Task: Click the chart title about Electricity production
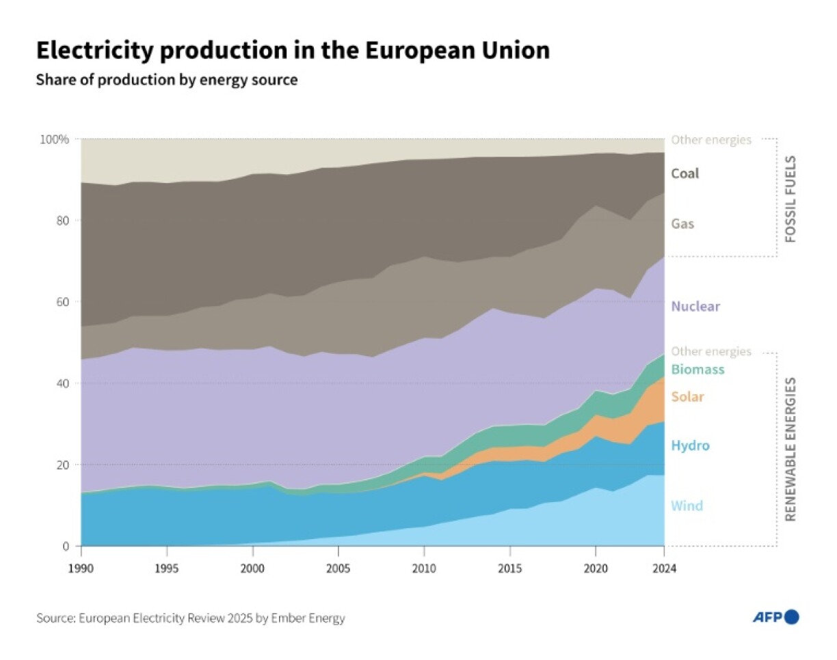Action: tap(293, 51)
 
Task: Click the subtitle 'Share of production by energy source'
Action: tap(167, 80)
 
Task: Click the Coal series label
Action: tap(685, 174)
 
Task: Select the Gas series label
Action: tap(682, 223)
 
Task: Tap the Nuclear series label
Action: tap(695, 306)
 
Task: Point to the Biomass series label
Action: tap(697, 370)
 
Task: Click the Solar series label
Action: tap(687, 397)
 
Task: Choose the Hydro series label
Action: tap(690, 446)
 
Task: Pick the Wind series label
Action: tap(687, 506)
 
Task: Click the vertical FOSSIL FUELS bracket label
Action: tap(790, 198)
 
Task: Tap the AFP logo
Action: tap(775, 618)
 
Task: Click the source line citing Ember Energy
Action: tap(191, 618)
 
